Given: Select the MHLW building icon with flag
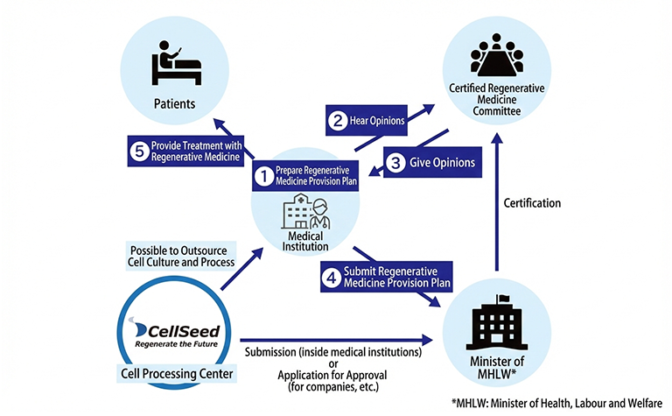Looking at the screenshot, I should [496, 318].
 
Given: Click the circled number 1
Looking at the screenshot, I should [262, 177].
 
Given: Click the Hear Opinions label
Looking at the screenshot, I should [376, 123].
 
